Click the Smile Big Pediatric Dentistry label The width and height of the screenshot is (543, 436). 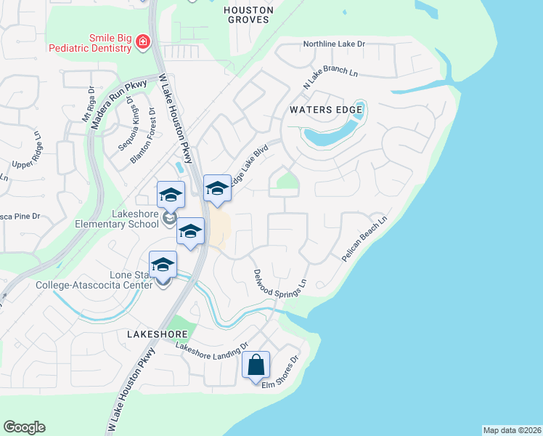click(x=90, y=43)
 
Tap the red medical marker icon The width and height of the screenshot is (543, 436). click(x=143, y=42)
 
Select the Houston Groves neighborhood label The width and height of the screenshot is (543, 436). click(x=248, y=15)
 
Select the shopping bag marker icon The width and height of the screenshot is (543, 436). click(x=256, y=365)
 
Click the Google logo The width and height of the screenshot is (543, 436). click(x=24, y=427)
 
